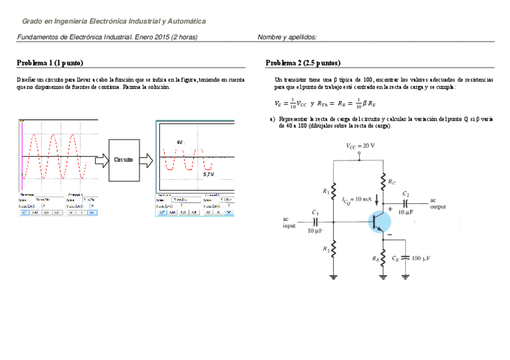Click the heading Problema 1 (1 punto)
pyautogui.click(x=50, y=63)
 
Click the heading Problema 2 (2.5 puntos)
pyautogui.click(x=303, y=63)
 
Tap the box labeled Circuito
pyautogui.click(x=123, y=159)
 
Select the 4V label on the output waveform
pyautogui.click(x=179, y=142)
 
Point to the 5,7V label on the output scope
pyautogui.click(x=208, y=174)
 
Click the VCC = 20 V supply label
pyautogui.click(x=360, y=145)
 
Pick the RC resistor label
pyautogui.click(x=392, y=181)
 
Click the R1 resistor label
pyautogui.click(x=326, y=191)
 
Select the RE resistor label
pyautogui.click(x=376, y=260)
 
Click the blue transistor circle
pyautogui.click(x=379, y=222)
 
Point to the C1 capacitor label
pyautogui.click(x=316, y=212)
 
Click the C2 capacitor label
pyautogui.click(x=406, y=194)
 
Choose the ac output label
pyautogui.click(x=438, y=203)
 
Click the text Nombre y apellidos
pyautogui.click(x=287, y=37)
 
